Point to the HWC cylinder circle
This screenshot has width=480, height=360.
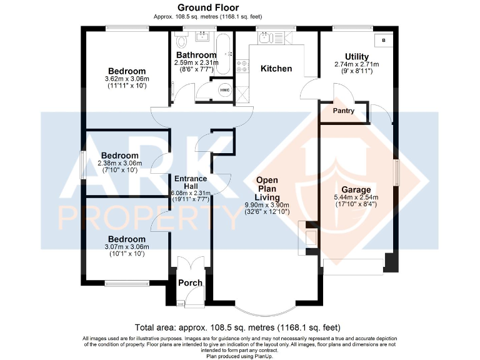(224, 90)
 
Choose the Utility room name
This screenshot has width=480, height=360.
(357, 57)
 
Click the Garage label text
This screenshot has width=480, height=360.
(356, 189)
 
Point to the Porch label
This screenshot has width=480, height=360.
(190, 282)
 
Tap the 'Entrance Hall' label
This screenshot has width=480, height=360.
(186, 182)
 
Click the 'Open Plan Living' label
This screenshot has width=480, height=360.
(272, 189)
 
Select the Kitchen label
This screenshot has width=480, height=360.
(276, 68)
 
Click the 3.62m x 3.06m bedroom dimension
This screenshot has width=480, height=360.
(126, 79)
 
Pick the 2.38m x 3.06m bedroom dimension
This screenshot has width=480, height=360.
(119, 163)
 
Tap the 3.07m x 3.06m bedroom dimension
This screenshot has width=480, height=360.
(126, 247)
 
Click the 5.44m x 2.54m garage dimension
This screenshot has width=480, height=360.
(356, 197)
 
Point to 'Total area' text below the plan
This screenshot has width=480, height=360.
(237, 327)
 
